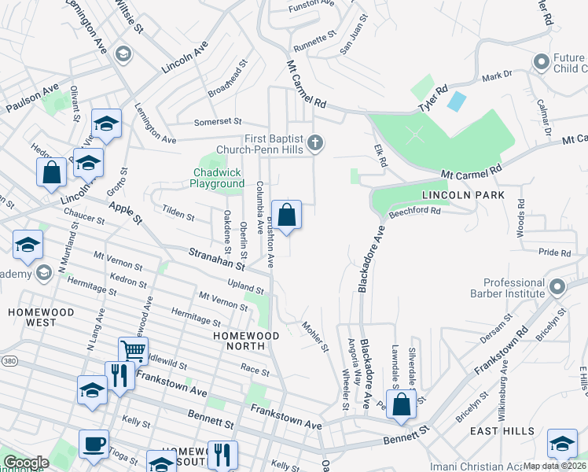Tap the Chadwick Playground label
217,178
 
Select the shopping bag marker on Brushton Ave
286,214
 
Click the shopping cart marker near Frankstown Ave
133,351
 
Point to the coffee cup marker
94,444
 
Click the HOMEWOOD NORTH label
247,335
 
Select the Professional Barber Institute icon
557,286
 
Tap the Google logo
26,463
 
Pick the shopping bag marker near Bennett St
402,404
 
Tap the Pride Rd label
554,253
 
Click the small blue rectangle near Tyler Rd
456,101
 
